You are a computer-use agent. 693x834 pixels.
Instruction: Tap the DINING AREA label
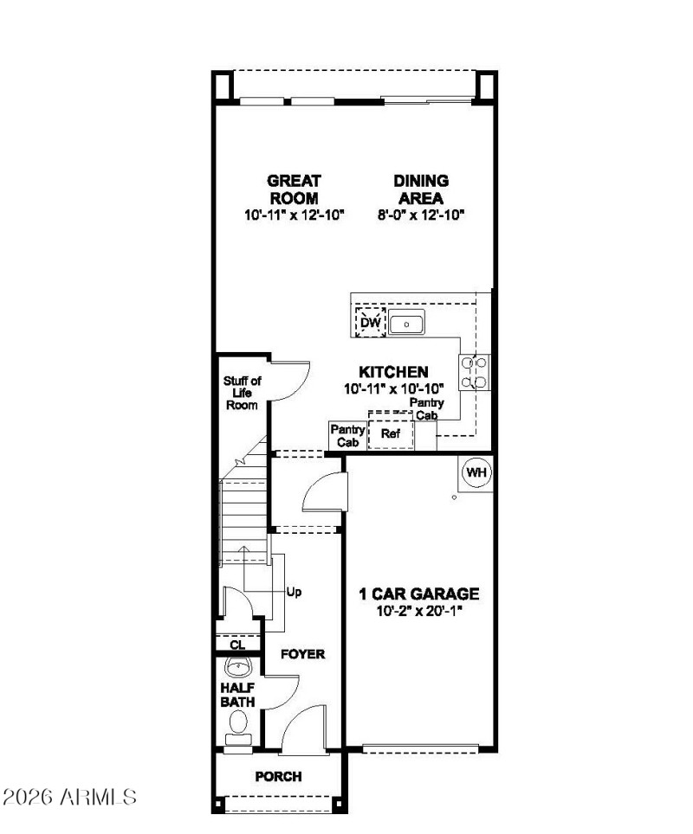pos(421,189)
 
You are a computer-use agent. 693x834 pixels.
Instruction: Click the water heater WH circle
pos(476,472)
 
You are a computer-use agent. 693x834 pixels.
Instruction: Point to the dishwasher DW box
pos(371,323)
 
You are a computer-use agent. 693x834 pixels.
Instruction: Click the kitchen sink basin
pos(406,324)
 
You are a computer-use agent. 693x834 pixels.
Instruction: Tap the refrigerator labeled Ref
pos(391,434)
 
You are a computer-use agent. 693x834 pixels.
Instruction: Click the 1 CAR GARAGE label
pos(419,594)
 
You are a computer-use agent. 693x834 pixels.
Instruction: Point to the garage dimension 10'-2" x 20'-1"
pos(419,612)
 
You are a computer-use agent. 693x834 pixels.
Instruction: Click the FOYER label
pos(302,654)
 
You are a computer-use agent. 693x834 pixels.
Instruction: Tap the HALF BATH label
pos(236,695)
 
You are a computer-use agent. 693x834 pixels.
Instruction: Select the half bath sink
pos(237,667)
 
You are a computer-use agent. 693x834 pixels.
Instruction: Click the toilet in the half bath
pos(236,739)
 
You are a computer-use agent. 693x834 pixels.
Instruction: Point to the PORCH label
pos(278,777)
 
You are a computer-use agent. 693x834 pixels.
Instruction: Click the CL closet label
pos(236,645)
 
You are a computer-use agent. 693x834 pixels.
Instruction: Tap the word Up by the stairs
pos(294,593)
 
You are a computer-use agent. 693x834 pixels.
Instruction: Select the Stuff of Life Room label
pos(242,393)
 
